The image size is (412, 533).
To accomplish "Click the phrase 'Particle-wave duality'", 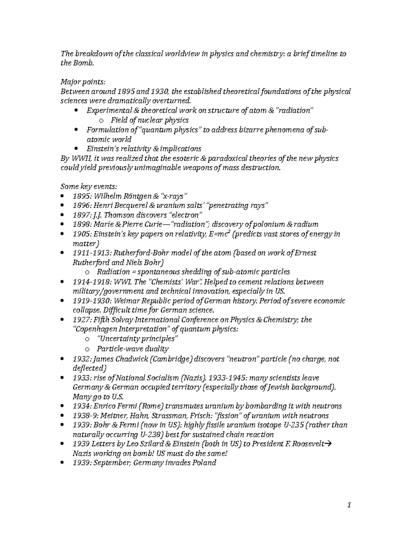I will tap(133, 349).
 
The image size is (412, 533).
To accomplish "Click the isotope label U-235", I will tap(293, 425).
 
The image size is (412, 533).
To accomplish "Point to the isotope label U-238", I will tap(150, 434).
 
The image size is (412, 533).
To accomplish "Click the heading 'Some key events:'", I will tap(89, 186).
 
